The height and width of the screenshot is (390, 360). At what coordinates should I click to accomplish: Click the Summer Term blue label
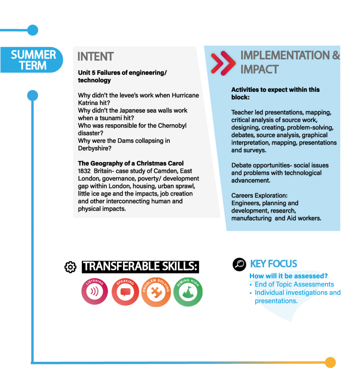[x=32, y=60]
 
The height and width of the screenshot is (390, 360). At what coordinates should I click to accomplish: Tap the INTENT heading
[x=96, y=56]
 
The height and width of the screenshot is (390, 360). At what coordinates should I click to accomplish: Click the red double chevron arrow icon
[x=223, y=63]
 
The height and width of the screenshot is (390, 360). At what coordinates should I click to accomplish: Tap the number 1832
[x=84, y=171]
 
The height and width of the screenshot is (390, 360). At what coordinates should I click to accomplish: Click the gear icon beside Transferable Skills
[x=70, y=267]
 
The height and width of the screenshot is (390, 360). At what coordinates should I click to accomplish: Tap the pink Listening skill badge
[x=94, y=291]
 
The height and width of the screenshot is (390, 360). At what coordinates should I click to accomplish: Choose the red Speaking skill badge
[x=125, y=291]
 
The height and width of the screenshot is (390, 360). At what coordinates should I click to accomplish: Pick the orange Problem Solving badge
[x=156, y=292]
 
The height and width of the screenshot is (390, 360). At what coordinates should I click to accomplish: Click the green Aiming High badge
[x=188, y=292]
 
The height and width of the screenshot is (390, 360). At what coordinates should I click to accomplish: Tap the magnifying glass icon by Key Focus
[x=239, y=264]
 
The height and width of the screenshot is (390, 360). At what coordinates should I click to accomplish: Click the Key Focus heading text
[x=274, y=264]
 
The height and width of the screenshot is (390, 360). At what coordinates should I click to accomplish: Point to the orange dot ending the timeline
[x=330, y=363]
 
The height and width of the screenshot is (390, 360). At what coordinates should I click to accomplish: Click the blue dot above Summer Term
[x=33, y=30]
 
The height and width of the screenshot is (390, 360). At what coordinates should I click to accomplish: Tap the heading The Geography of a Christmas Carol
[x=131, y=163]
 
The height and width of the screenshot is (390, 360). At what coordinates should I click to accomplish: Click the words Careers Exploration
[x=259, y=195]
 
